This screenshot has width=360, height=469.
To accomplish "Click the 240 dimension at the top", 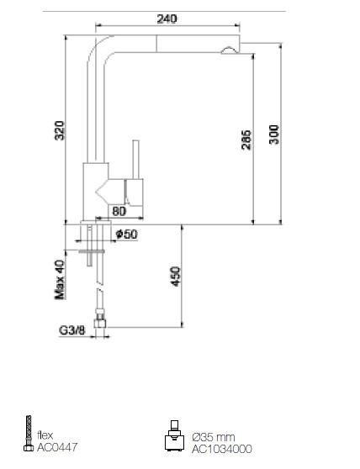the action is tap(167, 18).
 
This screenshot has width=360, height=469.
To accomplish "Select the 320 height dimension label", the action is tap(59, 130).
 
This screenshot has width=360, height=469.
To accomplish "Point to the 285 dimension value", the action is tap(246, 140).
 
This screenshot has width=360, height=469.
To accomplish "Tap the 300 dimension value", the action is tap(274, 134).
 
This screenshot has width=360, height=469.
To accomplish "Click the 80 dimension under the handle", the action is tap(119, 211).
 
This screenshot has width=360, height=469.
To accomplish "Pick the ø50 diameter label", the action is tap(126, 234).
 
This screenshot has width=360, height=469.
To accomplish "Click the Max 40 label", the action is tap(60, 280).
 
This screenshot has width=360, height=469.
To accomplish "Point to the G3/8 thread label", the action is tap(72, 330).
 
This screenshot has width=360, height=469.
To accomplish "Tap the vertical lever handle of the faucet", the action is tap(136, 160).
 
